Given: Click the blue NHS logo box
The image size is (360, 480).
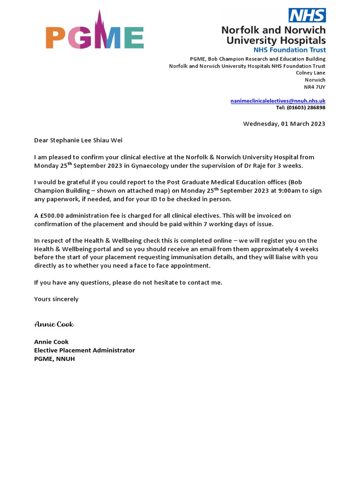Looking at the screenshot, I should coord(307,15).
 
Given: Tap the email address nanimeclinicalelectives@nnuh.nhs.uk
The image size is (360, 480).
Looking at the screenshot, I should coord(278,101).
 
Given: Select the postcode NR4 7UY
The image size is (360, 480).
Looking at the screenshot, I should coord(315,87).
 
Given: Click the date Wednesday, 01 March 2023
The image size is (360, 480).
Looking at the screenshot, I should coord(284,124).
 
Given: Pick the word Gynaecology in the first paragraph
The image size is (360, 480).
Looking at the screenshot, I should coord(145,166).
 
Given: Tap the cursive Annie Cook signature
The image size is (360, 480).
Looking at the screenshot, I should coord(54,324).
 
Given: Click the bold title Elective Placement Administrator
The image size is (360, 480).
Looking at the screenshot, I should coord(84,350).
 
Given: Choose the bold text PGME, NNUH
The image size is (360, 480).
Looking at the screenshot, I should coord(54,359).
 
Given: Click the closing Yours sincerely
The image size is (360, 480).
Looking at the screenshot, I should coord(56,299).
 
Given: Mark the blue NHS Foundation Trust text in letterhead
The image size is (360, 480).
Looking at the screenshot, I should coord(293,50).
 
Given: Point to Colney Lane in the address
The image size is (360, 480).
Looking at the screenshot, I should coord(310,73).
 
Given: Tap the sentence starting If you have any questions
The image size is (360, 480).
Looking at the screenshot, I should coord(128,282).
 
